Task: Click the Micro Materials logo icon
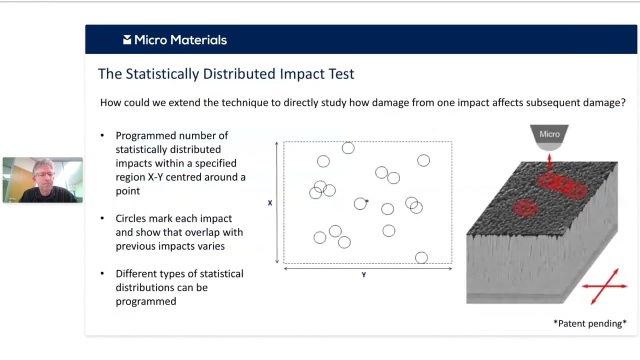[127, 40]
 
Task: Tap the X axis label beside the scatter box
[270, 203]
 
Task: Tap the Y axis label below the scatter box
[364, 275]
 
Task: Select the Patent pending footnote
[590, 323]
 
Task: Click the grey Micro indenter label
[549, 134]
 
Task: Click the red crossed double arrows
[605, 286]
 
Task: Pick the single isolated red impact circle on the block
[525, 208]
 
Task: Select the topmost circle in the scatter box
[348, 148]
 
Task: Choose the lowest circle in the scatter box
[421, 257]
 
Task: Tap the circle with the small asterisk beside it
[360, 203]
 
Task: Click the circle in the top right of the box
[423, 160]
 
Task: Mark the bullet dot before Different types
[102, 273]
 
